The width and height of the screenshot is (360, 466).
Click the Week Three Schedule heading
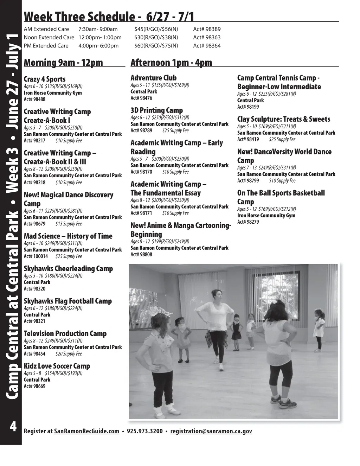click(x=109, y=17)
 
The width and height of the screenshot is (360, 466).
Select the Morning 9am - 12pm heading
click(x=63, y=63)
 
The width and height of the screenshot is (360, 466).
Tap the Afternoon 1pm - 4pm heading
click(x=171, y=63)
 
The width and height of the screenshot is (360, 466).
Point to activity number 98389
click(x=207, y=29)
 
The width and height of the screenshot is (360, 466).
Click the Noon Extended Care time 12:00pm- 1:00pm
click(x=100, y=37)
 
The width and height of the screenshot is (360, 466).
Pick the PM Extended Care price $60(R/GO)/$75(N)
click(x=156, y=45)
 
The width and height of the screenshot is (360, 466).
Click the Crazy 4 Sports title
click(x=45, y=79)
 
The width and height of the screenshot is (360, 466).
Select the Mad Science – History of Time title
click(x=68, y=236)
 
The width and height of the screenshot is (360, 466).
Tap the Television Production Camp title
click(x=65, y=333)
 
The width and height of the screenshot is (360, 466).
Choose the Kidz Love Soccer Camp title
click(x=57, y=366)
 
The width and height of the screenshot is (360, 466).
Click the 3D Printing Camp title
click(x=156, y=110)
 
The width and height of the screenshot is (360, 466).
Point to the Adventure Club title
click(x=154, y=78)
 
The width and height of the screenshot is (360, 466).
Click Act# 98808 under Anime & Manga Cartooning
click(x=141, y=254)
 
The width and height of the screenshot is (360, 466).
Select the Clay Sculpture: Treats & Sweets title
click(x=284, y=119)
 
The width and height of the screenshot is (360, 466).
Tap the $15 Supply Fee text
click(x=69, y=224)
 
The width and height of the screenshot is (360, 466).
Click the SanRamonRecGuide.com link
click(x=86, y=431)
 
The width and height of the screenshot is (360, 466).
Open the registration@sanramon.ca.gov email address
click(x=211, y=431)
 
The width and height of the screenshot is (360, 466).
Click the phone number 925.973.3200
click(x=144, y=431)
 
